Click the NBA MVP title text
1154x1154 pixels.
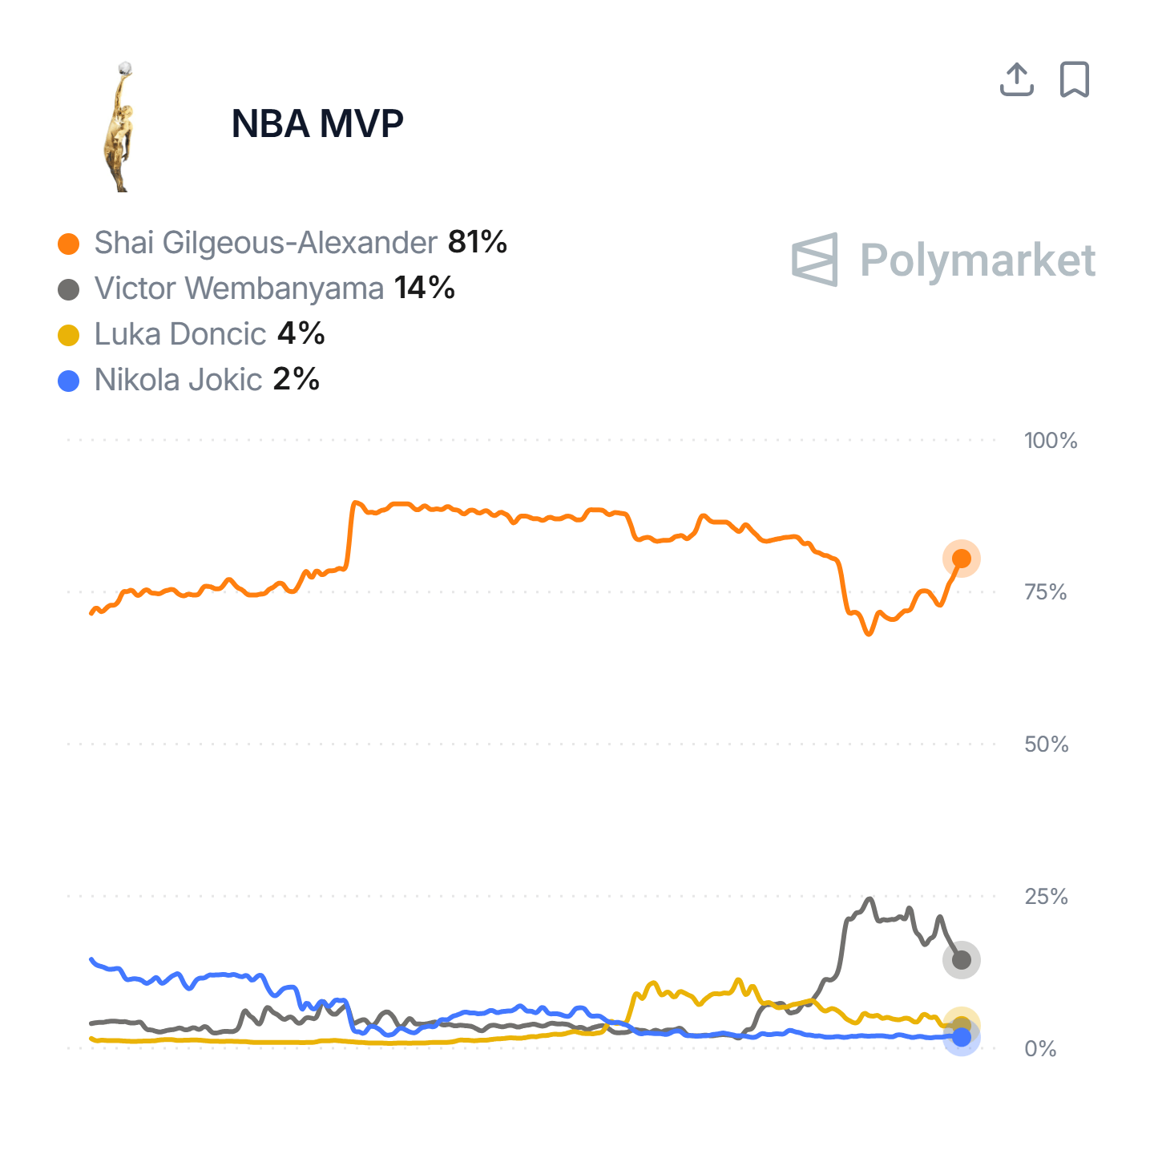click(x=317, y=123)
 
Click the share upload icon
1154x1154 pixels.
click(x=1017, y=79)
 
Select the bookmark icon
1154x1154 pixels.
click(x=1075, y=79)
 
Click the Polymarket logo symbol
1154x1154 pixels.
click(x=815, y=260)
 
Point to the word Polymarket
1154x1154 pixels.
click(x=978, y=260)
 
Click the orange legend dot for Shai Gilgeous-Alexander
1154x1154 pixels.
click(x=69, y=244)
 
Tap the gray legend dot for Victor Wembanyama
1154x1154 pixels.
click(x=69, y=289)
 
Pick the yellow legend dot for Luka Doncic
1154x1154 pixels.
click(x=69, y=335)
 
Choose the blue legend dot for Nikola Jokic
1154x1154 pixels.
click(x=69, y=381)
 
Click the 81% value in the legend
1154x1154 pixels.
click(x=478, y=242)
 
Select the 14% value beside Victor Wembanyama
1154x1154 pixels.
click(x=425, y=288)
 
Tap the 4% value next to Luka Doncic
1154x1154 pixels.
click(x=301, y=333)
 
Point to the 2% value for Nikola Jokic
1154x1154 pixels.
click(x=297, y=379)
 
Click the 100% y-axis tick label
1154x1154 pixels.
click(x=1051, y=440)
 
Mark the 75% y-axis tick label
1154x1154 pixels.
click(x=1046, y=592)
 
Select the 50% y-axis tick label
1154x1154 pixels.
click(x=1047, y=744)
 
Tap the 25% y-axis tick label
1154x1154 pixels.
click(x=1047, y=897)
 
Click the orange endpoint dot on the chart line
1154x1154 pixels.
click(x=962, y=559)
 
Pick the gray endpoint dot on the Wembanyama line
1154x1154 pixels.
click(x=962, y=959)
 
